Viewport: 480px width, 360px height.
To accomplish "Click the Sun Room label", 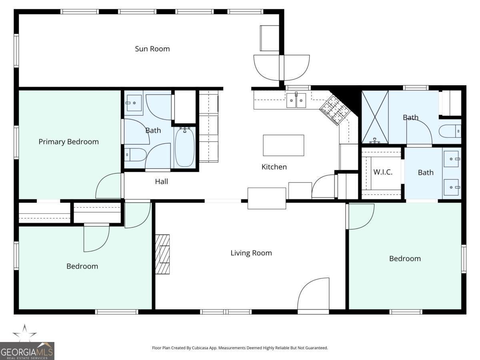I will pos(152,49).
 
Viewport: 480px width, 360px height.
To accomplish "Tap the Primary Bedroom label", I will pos(68,142).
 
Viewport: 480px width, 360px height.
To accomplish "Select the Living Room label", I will pos(251,253).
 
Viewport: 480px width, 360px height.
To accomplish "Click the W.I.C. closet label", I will pos(382,172).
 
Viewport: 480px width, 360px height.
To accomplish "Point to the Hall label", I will pos(161,182).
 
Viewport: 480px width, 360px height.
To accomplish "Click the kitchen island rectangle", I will pos(283,145).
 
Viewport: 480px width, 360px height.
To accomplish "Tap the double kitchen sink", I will pos(296,100).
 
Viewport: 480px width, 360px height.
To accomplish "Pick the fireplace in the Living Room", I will pos(163,254).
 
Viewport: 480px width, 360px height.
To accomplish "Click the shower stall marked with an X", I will pos(375,117).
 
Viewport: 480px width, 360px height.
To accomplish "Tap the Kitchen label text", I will pos(274,167).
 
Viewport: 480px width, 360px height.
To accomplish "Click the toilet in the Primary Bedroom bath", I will pos(134,154).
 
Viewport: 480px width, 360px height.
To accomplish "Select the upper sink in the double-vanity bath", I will pos(452,159).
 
